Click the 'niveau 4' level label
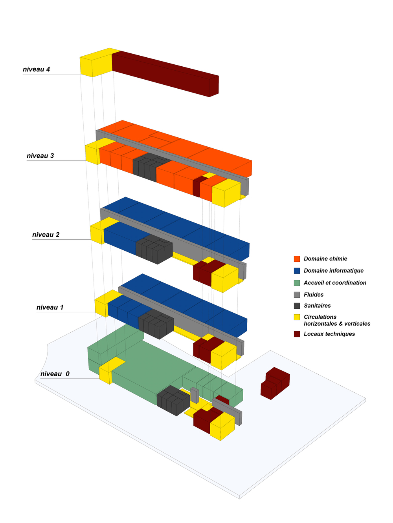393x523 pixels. [x=37, y=69]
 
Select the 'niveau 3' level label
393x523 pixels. [x=40, y=156]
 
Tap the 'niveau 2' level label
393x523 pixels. [x=46, y=235]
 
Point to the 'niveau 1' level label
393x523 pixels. [x=50, y=307]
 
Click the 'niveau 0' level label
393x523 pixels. [x=55, y=374]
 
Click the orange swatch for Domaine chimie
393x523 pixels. [x=297, y=259]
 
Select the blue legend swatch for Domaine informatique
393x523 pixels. [x=297, y=271]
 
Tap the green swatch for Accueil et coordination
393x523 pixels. [x=297, y=283]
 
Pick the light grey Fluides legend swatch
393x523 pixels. [x=297, y=295]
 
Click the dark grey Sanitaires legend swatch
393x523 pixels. [x=297, y=306]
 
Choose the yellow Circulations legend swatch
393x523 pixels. [x=297, y=317]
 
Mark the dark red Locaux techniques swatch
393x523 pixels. [x=297, y=334]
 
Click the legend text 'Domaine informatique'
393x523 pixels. [x=334, y=271]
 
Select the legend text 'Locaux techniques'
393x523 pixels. [x=329, y=334]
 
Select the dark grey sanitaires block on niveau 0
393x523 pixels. [x=173, y=400]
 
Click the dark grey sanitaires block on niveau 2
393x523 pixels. [x=154, y=249]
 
